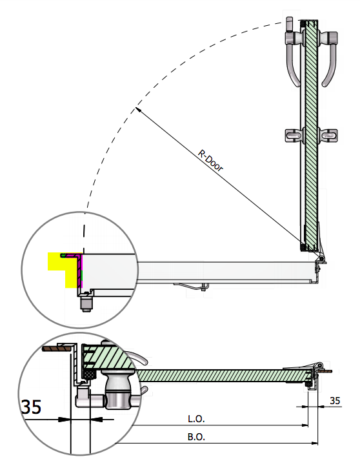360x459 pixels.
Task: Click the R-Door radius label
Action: (x=210, y=160)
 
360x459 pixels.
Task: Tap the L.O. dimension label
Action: (x=196, y=419)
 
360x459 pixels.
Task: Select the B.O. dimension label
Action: (x=196, y=437)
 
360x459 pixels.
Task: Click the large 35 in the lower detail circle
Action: (x=32, y=407)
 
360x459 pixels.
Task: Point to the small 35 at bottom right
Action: (x=335, y=400)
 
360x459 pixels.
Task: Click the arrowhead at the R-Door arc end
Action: (x=138, y=110)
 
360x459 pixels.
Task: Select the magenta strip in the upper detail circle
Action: (x=81, y=270)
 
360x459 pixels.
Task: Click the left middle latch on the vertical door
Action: (x=294, y=136)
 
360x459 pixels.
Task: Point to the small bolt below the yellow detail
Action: (x=86, y=303)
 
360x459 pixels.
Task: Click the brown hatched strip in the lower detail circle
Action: (x=57, y=349)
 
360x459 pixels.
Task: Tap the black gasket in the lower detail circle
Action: (x=90, y=374)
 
